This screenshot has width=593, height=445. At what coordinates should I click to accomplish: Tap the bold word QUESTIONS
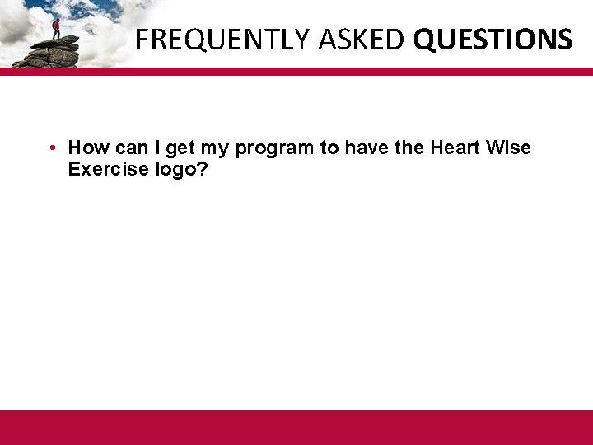[493, 39]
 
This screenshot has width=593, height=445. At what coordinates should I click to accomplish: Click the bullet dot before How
[51, 148]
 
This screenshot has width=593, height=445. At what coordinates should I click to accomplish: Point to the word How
[86, 148]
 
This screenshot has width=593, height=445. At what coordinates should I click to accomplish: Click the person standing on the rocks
[56, 28]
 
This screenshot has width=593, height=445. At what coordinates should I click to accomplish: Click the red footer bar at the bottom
[296, 427]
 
